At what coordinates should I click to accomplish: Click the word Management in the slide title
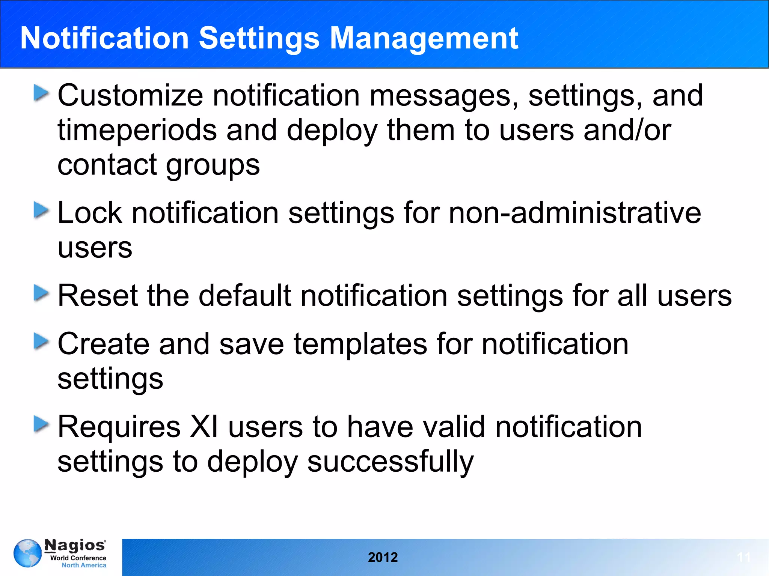pyautogui.click(x=424, y=38)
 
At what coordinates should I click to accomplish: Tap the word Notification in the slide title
pyautogui.click(x=104, y=38)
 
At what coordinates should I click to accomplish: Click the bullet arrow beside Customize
pyautogui.click(x=41, y=93)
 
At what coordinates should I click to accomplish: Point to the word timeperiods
pyautogui.click(x=137, y=131)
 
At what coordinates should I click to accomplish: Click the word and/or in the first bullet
pyautogui.click(x=627, y=130)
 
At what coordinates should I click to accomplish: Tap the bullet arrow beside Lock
pyautogui.click(x=41, y=210)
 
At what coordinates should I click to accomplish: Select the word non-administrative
pyautogui.click(x=574, y=213)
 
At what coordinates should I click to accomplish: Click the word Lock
pyautogui.click(x=90, y=213)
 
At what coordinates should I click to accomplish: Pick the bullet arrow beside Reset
pyautogui.click(x=41, y=293)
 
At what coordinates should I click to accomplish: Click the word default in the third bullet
pyautogui.click(x=244, y=296)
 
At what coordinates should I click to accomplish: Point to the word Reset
pyautogui.click(x=98, y=296)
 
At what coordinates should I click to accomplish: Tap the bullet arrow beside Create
pyautogui.click(x=41, y=341)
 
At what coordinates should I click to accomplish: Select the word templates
pyautogui.click(x=360, y=344)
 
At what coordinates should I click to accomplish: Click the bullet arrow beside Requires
pyautogui.click(x=41, y=424)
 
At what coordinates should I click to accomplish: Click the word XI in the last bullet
pyautogui.click(x=204, y=427)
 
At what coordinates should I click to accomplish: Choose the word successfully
pyautogui.click(x=390, y=462)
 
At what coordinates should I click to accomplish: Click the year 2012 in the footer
pyautogui.click(x=383, y=557)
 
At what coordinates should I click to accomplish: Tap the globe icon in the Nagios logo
pyautogui.click(x=27, y=553)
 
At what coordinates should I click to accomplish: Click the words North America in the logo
pyautogui.click(x=84, y=565)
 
